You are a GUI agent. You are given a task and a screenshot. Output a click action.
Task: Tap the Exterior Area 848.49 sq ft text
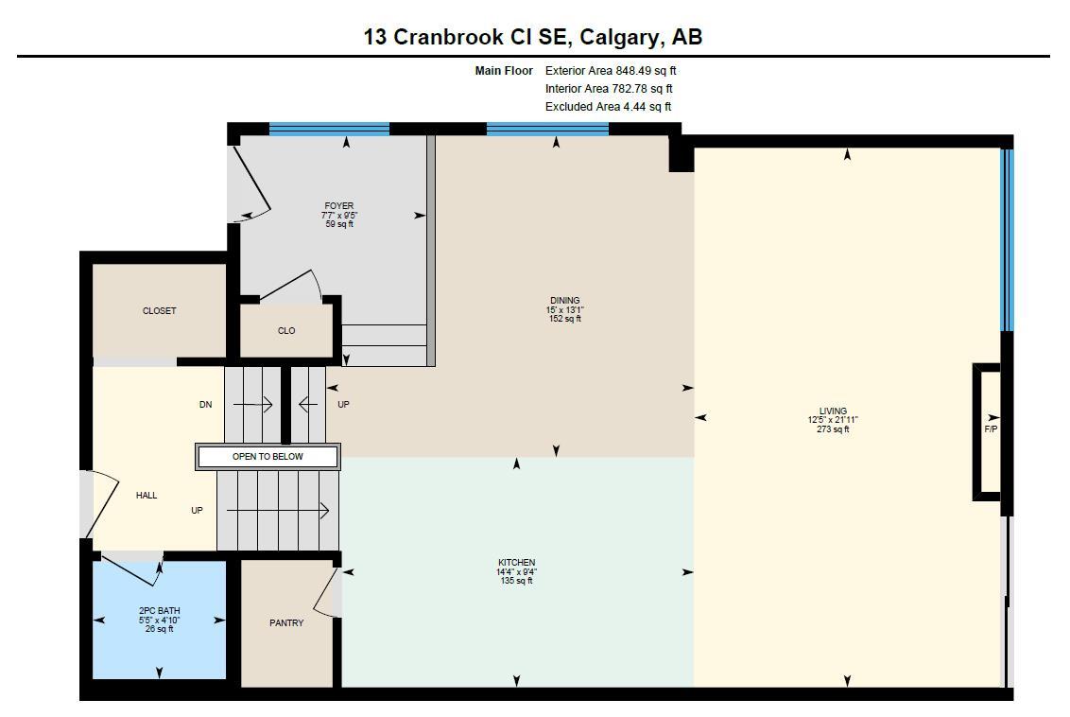pyautogui.click(x=611, y=71)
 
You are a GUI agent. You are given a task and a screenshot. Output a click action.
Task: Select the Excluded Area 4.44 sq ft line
pyautogui.click(x=608, y=107)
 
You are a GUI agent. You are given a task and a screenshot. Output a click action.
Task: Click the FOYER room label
pyautogui.click(x=339, y=206)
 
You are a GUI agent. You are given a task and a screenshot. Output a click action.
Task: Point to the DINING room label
pyautogui.click(x=564, y=301)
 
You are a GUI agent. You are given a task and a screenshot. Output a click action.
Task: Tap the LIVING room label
pyautogui.click(x=833, y=411)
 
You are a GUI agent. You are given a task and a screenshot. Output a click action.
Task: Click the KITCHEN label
pyautogui.click(x=516, y=563)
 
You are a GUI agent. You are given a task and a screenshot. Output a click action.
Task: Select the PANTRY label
pyautogui.click(x=286, y=623)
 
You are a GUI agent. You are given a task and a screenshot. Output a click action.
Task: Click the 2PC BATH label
pyautogui.click(x=159, y=611)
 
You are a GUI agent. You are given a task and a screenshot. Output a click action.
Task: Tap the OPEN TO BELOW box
pyautogui.click(x=267, y=457)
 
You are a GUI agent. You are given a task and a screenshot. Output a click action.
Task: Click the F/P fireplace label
pyautogui.click(x=991, y=429)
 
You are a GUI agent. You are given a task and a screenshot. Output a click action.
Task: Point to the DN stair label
pyautogui.click(x=206, y=405)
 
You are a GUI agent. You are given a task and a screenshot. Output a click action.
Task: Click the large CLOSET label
pyautogui.click(x=159, y=311)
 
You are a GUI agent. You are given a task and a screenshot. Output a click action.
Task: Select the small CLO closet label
pyautogui.click(x=286, y=331)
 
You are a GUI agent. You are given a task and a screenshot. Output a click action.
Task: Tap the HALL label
pyautogui.click(x=147, y=496)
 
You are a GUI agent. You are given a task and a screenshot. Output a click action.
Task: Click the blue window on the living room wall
pyautogui.click(x=1007, y=236)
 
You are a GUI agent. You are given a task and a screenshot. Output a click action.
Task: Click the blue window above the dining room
pyautogui.click(x=547, y=130)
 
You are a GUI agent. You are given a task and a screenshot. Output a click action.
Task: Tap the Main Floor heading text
pyautogui.click(x=504, y=71)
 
